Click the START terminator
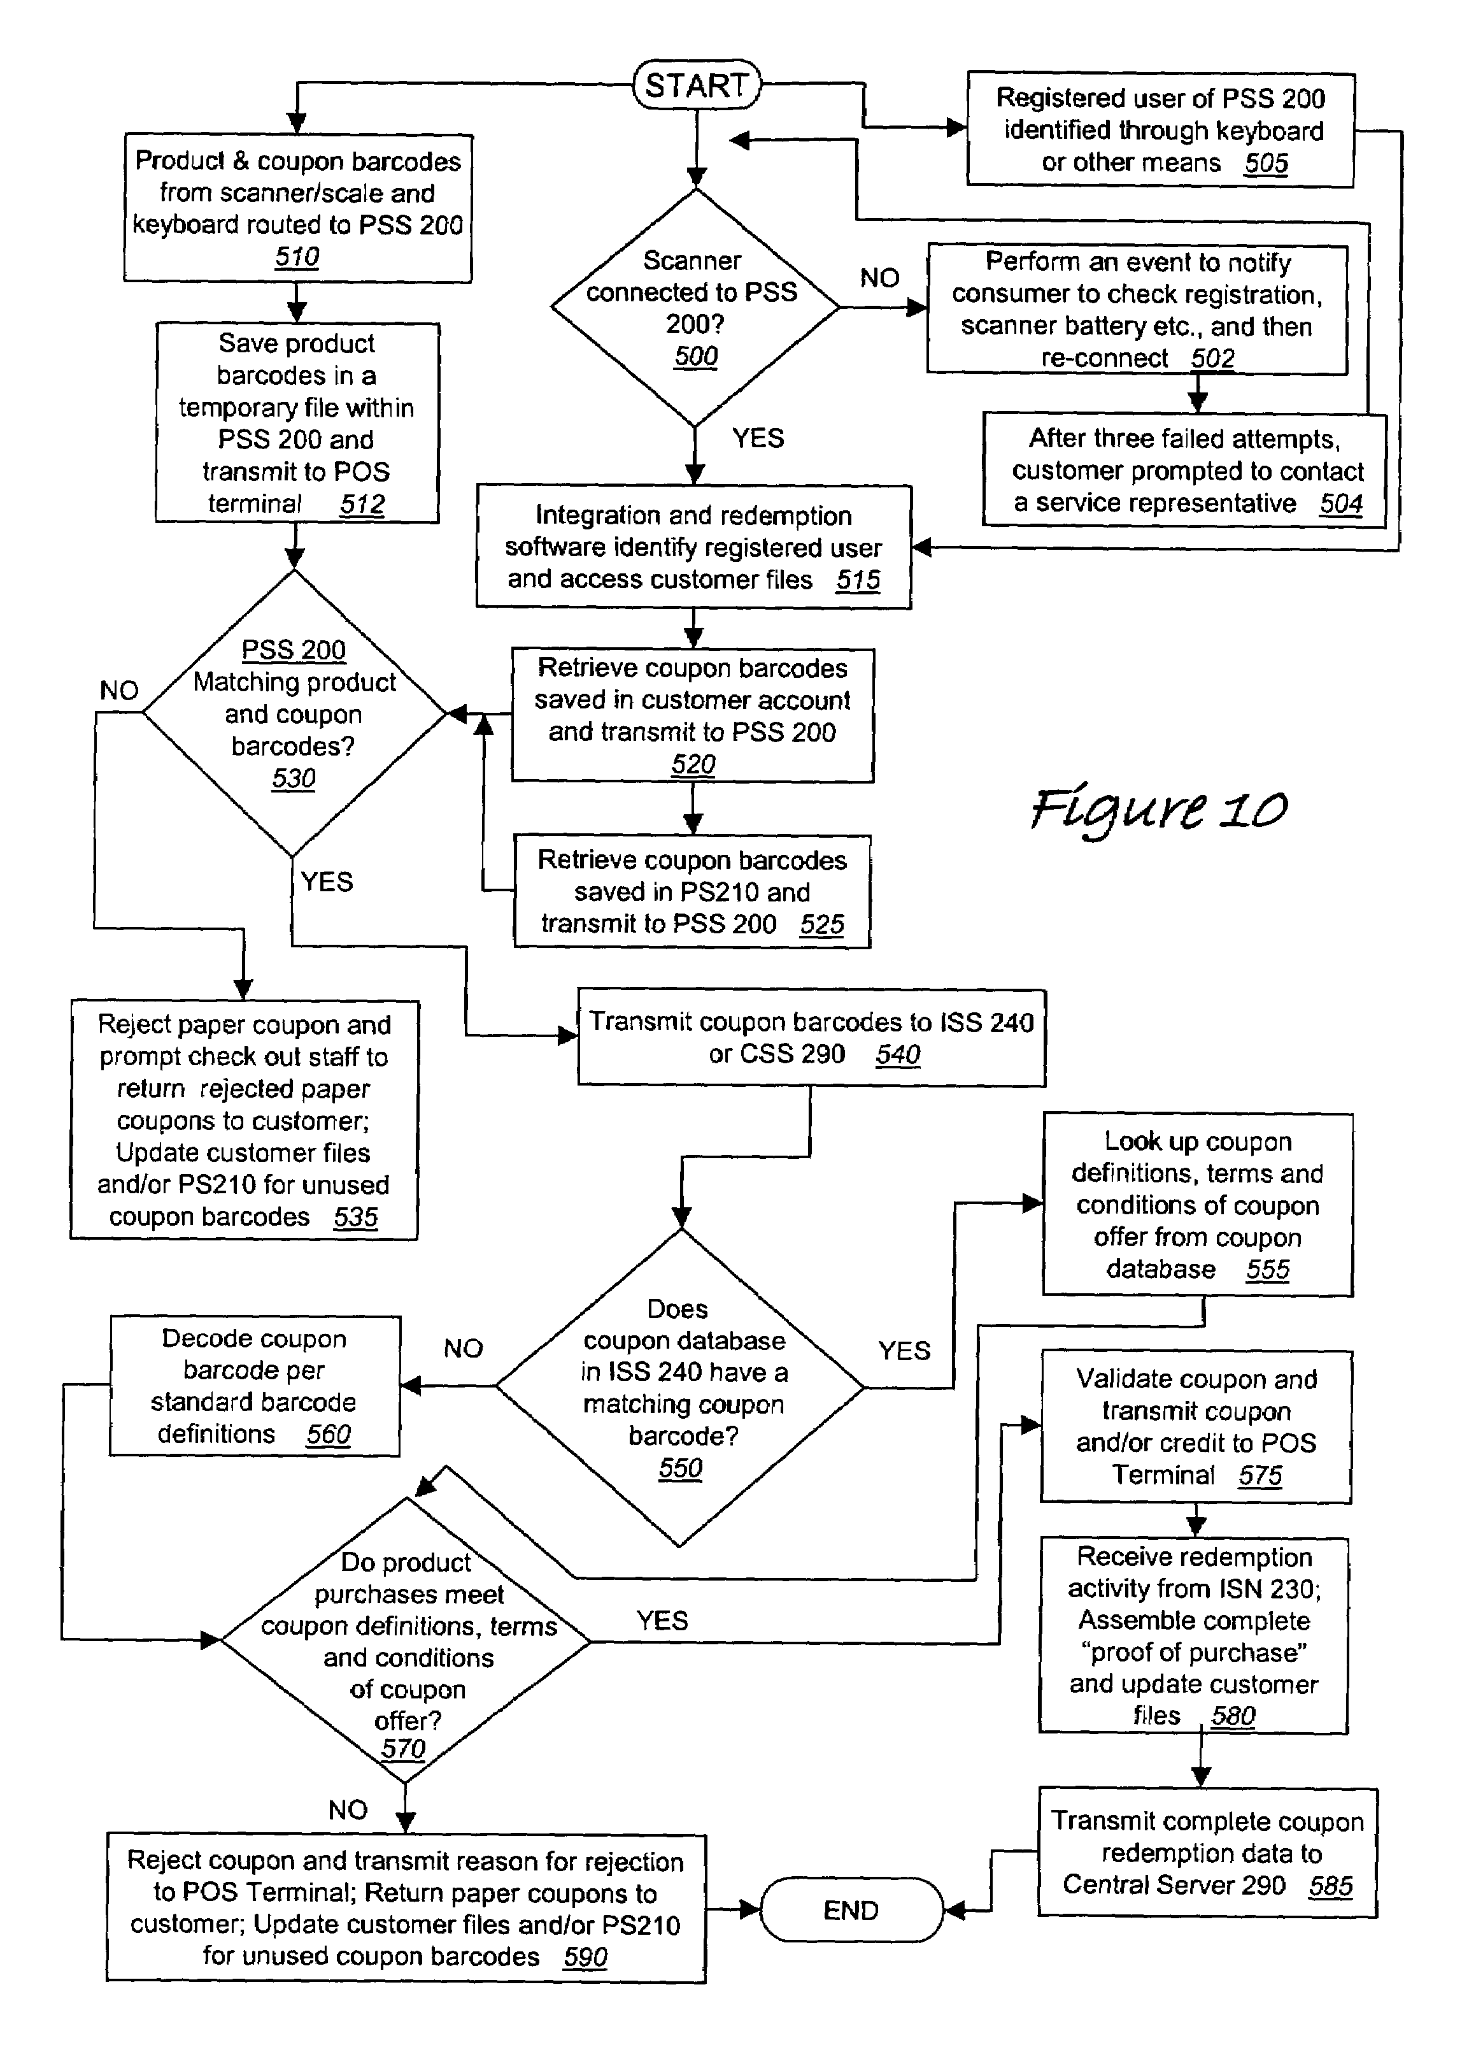697,85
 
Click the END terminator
851,1910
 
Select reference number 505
1266,163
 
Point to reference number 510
297,257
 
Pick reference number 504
1340,503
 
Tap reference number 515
857,580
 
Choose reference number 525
821,924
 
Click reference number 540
897,1054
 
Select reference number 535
355,1217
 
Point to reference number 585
1330,1886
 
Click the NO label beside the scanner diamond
879,278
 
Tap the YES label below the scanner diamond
758,438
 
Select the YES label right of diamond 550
904,1351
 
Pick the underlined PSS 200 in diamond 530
294,650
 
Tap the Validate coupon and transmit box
1196,1427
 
